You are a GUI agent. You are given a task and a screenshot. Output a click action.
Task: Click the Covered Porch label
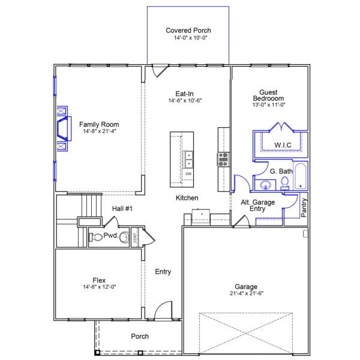pos(188,31)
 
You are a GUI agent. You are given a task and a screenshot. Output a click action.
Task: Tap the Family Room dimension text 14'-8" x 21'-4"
pos(100,131)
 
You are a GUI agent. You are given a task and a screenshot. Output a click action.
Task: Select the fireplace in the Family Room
pos(64,128)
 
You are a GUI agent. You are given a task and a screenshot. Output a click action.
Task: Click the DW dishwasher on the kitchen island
pos(188,174)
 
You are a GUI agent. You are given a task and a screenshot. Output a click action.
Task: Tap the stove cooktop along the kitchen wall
pos(223,160)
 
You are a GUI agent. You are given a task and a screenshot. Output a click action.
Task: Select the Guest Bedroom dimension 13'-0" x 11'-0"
pos(269,104)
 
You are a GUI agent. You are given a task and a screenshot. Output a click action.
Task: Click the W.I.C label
pos(283,145)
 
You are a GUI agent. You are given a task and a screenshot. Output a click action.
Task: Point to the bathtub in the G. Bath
pos(301,176)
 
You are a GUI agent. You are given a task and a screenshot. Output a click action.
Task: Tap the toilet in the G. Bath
pos(284,184)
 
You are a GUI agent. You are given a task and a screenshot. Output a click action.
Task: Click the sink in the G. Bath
pos(266,185)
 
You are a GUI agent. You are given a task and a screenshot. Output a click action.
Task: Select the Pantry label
pos(304,208)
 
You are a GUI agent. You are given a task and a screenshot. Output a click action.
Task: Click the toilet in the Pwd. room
pos(96,237)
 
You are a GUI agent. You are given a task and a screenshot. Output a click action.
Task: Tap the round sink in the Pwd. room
pos(124,237)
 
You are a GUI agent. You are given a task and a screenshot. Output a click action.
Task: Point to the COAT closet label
pos(135,238)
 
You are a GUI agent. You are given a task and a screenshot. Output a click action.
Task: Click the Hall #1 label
pos(122,209)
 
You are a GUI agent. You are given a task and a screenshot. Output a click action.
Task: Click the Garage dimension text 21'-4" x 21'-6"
pos(247,293)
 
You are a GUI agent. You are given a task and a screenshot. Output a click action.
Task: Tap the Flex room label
pos(99,280)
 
